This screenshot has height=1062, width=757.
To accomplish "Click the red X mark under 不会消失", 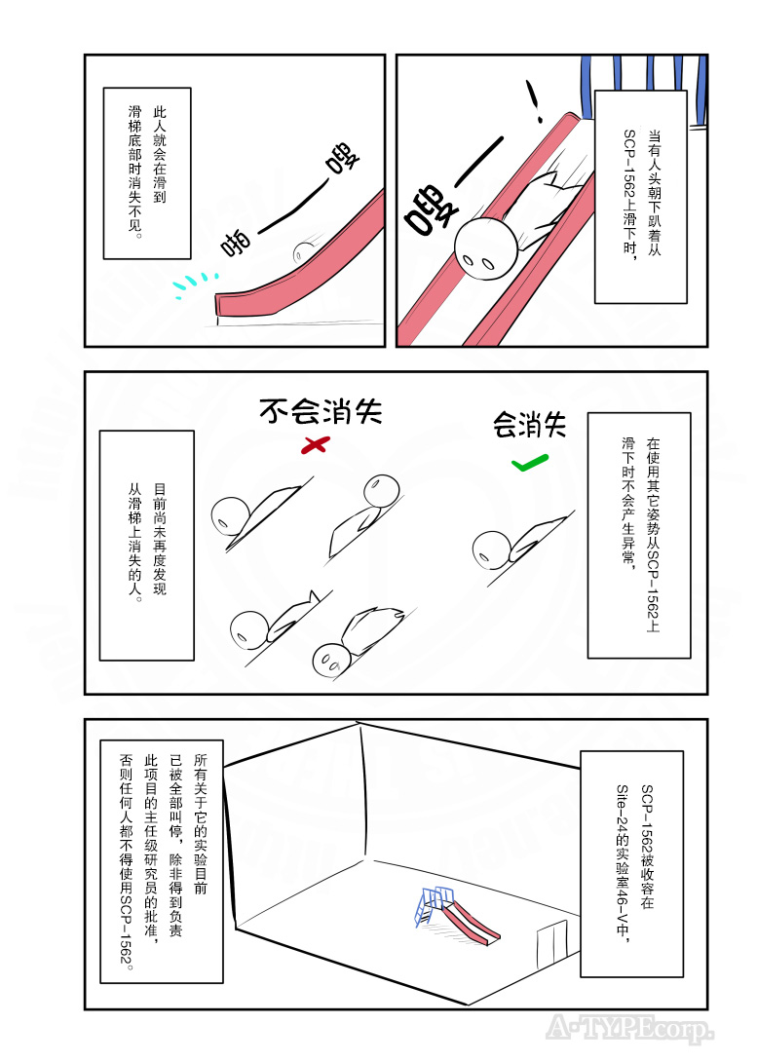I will [314, 445].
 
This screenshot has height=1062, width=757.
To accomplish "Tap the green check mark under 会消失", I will [529, 461].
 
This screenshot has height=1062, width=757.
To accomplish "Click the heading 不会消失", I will [320, 411].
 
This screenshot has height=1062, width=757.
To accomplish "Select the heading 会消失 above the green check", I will [529, 424].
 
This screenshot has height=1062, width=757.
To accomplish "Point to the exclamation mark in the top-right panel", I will [533, 101].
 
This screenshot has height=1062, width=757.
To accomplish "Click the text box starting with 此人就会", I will [146, 173].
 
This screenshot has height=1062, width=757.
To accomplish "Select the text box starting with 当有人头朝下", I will [640, 195].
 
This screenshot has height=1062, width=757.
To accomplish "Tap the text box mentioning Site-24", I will [631, 863].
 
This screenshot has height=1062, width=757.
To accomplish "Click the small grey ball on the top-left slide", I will [302, 251].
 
